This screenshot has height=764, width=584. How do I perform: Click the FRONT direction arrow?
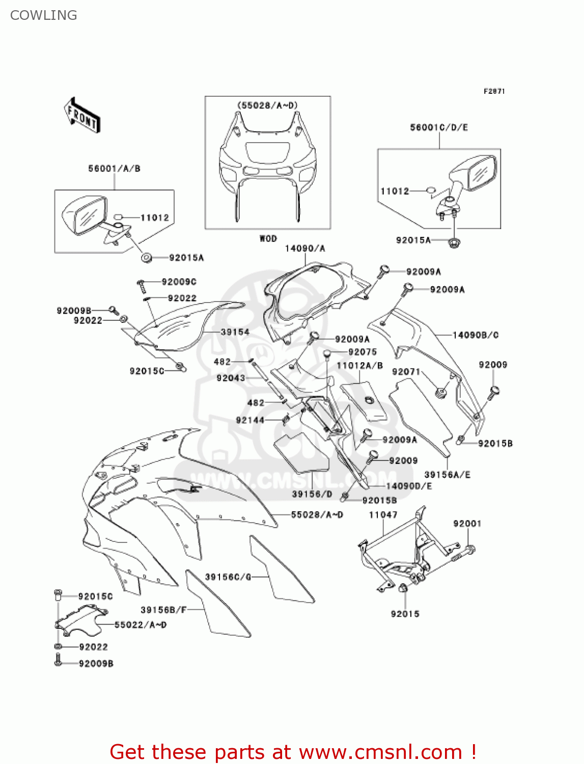pos(82,116)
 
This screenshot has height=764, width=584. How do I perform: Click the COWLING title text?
pos(44,15)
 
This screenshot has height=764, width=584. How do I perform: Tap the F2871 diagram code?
pos(494,91)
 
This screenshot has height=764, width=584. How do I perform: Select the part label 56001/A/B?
pos(114,169)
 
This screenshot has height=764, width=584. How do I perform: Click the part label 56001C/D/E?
pos(439,127)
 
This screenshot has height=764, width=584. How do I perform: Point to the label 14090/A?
pos(304,249)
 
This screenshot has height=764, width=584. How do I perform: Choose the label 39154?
pos(235,332)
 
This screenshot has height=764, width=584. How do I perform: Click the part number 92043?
pos(231,378)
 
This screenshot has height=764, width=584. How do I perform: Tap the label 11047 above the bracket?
pos(383,515)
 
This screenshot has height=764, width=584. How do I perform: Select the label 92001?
pos(467,524)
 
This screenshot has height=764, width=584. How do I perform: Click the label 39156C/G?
pos(228,577)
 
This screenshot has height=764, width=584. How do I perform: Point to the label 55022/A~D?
pos(141,625)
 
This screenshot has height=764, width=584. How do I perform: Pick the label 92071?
pos(406,372)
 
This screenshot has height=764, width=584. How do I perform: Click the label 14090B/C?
pos(476,335)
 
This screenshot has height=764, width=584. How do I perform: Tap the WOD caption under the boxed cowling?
pos(268,238)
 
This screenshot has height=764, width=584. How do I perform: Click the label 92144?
pos(250,420)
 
